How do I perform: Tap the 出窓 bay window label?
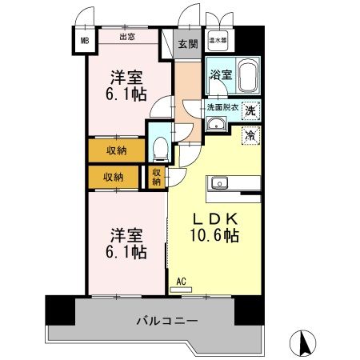pos(127,36)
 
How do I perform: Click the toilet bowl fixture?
pos(159,147)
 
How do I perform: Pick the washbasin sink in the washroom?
pos(216,124)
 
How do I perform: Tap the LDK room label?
pos(211,220)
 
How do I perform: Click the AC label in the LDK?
pos(182,281)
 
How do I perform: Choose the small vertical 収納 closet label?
pos(156,177)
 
